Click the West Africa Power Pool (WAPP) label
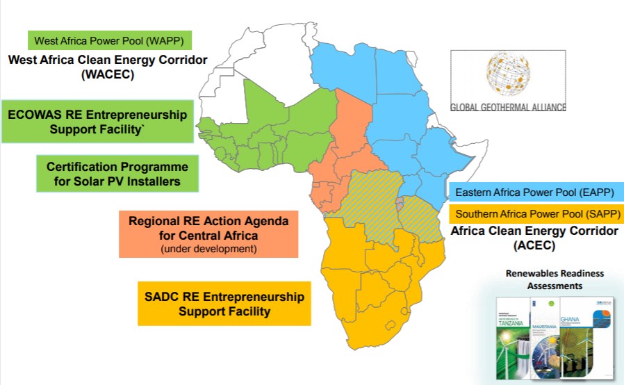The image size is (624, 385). point(109,40)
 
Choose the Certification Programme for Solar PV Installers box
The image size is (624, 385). point(117,174)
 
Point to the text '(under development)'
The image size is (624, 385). point(208,248)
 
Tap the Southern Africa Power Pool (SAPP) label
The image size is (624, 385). point(536,214)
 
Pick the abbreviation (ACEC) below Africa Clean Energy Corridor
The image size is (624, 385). point(534,245)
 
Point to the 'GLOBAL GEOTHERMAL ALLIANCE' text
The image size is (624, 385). point(509,107)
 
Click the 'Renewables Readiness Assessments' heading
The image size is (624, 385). point(554,279)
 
